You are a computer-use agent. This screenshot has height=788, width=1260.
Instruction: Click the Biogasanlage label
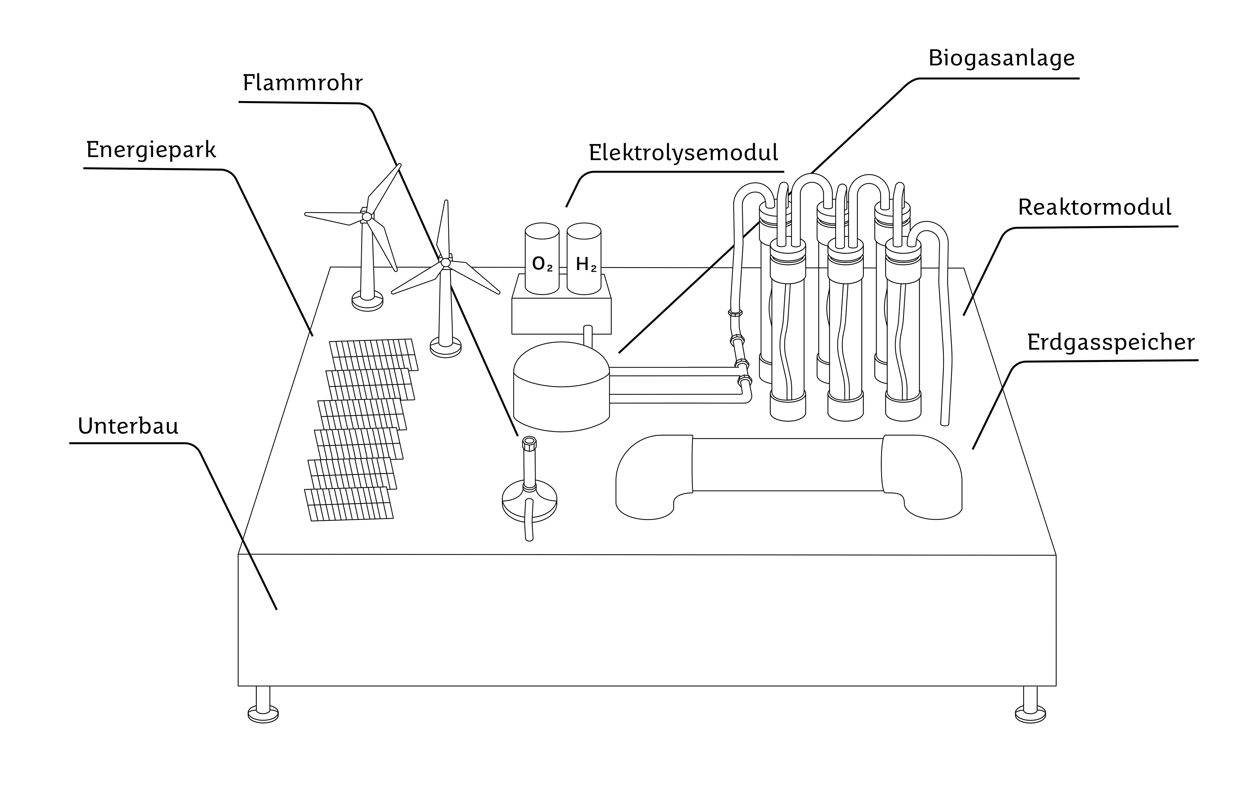click(x=1001, y=59)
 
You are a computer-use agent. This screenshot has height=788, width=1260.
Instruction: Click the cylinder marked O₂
click(x=542, y=259)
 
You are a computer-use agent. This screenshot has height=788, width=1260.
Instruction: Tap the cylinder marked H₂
click(x=584, y=259)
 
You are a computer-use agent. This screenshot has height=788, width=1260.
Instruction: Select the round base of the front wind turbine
click(x=446, y=347)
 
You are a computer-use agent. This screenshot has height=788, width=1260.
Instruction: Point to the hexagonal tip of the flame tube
click(x=529, y=443)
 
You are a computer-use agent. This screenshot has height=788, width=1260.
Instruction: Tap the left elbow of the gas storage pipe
click(x=651, y=474)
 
